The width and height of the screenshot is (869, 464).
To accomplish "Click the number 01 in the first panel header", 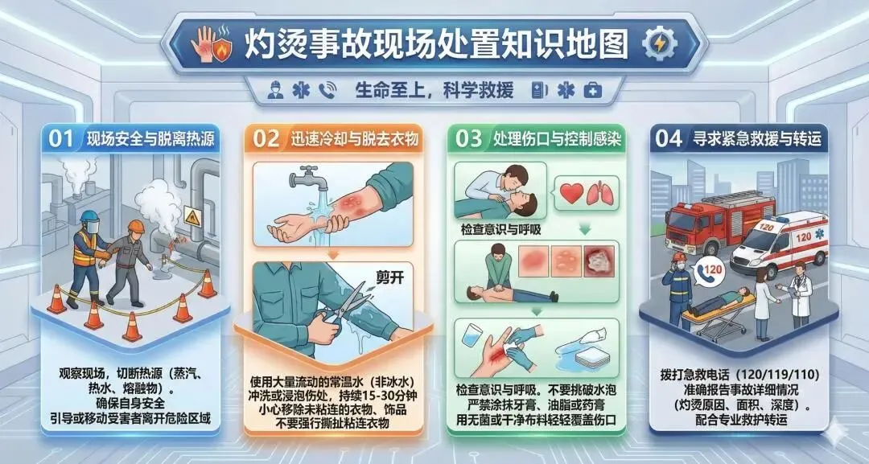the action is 61,138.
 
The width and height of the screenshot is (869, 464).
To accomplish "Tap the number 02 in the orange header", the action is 266,138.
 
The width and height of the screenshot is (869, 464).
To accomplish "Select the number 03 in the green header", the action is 469,138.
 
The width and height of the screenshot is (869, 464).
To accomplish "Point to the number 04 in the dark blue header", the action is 669,138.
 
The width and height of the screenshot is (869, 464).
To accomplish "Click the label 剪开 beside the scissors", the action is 390,277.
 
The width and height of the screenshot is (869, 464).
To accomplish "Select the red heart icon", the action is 571,193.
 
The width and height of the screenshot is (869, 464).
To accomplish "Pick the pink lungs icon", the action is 601,193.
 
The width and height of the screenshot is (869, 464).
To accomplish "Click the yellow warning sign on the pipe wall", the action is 192,216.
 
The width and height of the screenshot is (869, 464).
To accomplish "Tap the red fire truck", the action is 719,221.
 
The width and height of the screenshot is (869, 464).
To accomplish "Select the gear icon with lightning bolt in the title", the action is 660,43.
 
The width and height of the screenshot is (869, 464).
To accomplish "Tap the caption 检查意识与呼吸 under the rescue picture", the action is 501,228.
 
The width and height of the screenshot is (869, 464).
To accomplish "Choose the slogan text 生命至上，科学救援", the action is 434,90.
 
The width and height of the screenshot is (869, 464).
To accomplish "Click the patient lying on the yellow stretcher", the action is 719,301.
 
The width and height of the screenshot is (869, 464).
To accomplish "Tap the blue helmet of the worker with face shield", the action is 89,216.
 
